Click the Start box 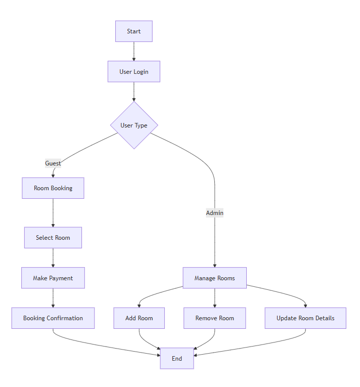point(133,31)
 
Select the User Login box point(133,72)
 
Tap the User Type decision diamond point(134,125)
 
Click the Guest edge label point(53,163)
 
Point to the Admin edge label point(214,213)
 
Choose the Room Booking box point(53,188)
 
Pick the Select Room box point(53,238)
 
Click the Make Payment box point(53,278)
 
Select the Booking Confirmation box point(53,318)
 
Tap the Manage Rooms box point(214,278)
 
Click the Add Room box point(139,318)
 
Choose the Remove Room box point(214,318)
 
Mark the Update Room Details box point(305,318)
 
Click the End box point(176,359)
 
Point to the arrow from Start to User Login point(134,51)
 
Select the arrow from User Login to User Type point(134,92)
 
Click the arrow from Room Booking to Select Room point(53,212)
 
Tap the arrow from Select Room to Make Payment point(53,258)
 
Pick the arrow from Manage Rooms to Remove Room point(214,298)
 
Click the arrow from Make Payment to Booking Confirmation point(53,298)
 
